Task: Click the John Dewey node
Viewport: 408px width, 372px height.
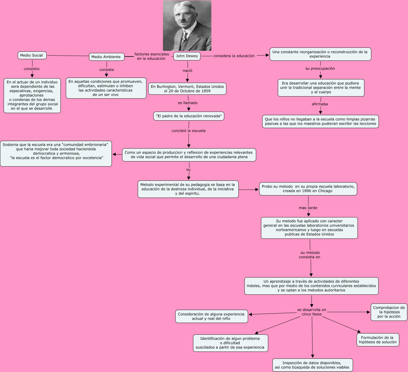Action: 187,56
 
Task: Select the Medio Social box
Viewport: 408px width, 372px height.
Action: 32,55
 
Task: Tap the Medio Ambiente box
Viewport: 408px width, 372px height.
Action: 106,57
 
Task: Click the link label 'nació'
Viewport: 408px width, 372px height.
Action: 187,71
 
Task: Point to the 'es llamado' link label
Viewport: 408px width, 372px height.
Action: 188,103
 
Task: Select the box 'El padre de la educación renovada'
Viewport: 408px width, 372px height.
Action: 189,116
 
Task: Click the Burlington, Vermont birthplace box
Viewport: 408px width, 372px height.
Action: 187,89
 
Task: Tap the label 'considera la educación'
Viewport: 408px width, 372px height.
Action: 234,56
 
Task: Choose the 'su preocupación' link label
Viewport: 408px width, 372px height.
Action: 320,69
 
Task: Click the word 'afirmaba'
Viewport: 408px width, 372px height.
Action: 320,104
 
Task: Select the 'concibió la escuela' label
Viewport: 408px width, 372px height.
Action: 189,131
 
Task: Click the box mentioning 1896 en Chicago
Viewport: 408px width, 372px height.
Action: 308,189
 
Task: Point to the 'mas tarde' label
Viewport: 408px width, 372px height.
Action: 308,208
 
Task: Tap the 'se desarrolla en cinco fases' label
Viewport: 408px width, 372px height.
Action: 312,312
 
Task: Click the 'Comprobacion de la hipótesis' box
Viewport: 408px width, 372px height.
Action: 389,312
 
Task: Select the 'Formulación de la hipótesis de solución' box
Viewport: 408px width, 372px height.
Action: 378,340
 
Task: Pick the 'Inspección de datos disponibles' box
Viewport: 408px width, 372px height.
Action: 312,365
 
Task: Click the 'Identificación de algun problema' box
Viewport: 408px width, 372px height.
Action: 230,343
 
